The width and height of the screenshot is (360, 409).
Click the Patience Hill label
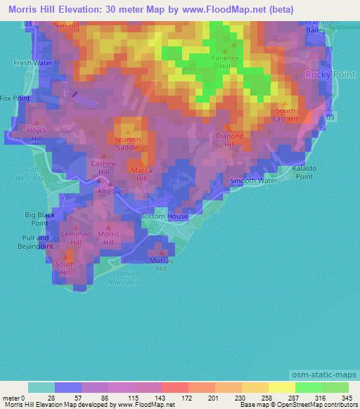click(x=225, y=63)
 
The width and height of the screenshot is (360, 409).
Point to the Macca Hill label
click(x=137, y=174)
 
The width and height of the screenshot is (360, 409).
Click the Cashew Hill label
click(x=103, y=167)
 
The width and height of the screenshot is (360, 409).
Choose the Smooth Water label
click(x=254, y=181)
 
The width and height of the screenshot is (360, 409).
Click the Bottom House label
click(x=164, y=216)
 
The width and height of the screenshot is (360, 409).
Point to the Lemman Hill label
click(x=75, y=238)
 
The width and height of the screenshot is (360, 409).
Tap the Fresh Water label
click(x=33, y=63)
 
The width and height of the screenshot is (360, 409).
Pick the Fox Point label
click(x=15, y=98)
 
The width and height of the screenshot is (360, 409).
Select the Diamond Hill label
click(x=230, y=140)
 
